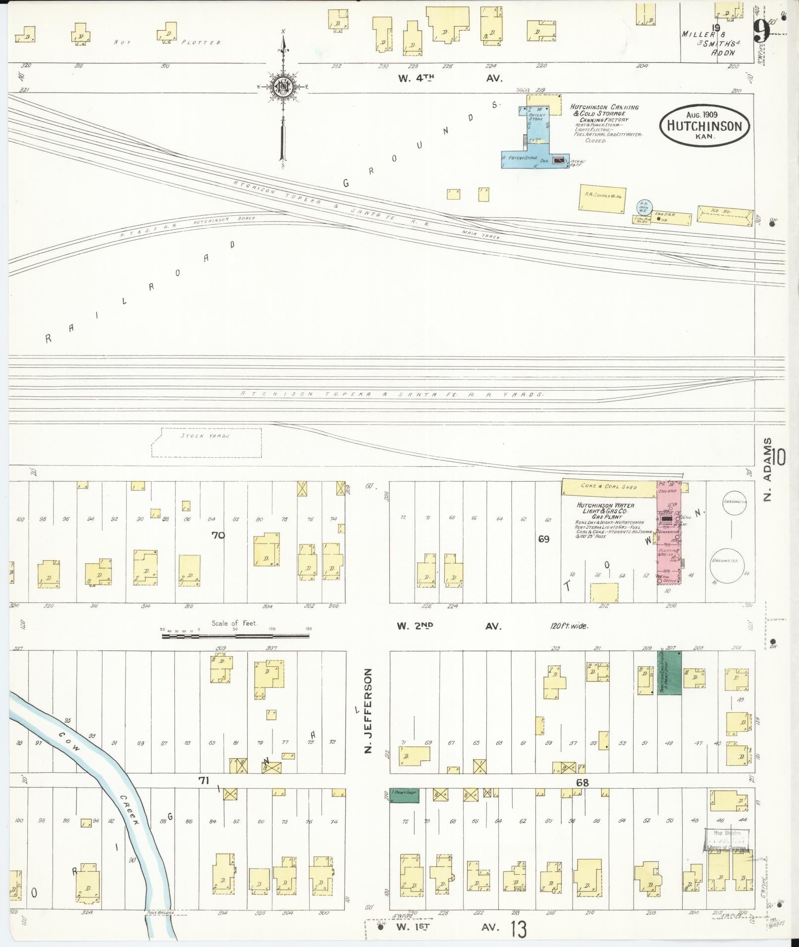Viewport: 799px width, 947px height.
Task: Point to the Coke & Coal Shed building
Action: (x=609, y=487)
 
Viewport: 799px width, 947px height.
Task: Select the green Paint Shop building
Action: (x=404, y=796)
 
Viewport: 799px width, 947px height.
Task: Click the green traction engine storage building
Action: (x=669, y=673)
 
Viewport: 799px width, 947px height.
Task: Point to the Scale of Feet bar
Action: (x=235, y=634)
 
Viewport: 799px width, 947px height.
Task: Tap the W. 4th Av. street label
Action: (x=450, y=78)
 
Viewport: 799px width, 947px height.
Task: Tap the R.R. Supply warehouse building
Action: (x=600, y=198)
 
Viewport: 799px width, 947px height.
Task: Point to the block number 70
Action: (x=218, y=535)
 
